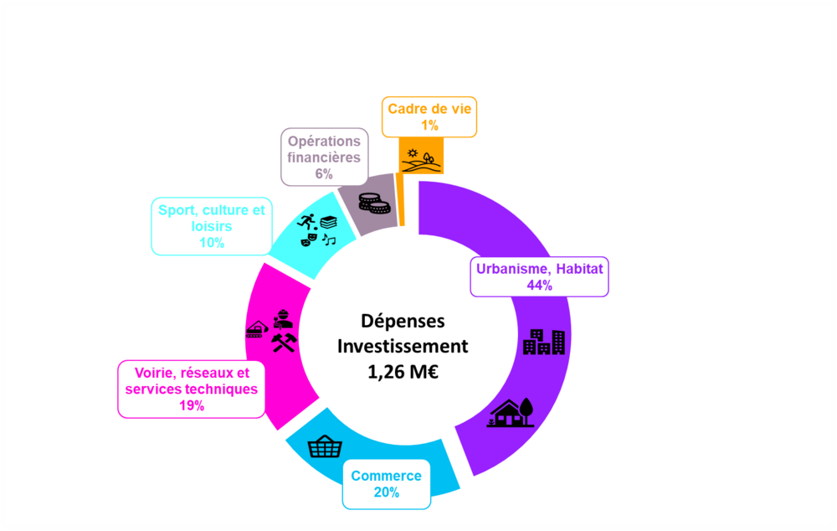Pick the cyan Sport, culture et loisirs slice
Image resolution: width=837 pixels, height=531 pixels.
click(315, 235)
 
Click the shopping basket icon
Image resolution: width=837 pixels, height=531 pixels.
click(325, 446)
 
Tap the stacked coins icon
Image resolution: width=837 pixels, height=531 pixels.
click(374, 204)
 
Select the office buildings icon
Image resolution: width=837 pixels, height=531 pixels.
click(543, 342)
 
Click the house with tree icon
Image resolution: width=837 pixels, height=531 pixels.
click(511, 413)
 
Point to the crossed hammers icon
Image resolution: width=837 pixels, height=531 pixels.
click(284, 343)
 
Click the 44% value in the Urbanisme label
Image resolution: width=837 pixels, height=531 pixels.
click(539, 286)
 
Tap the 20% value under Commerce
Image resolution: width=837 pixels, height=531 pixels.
click(387, 492)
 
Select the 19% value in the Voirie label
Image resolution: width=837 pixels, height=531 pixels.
click(192, 405)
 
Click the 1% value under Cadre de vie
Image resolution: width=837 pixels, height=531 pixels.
click(429, 126)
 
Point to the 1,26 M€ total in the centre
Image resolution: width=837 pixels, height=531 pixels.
click(403, 372)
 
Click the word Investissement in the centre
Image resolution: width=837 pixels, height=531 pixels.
click(403, 346)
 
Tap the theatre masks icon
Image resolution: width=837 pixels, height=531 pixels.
click(309, 240)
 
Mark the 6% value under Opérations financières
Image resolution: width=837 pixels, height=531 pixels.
click(324, 173)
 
